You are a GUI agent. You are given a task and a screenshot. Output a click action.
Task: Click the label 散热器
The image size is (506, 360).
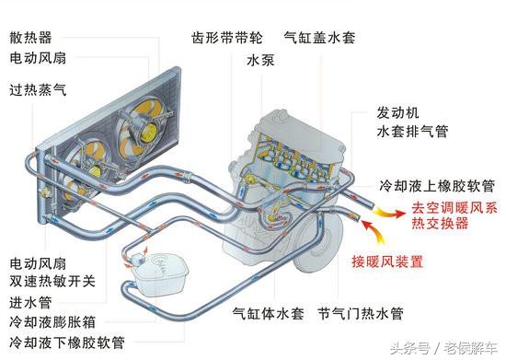[30, 38]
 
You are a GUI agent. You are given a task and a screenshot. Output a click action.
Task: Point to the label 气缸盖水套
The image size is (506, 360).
[320, 40]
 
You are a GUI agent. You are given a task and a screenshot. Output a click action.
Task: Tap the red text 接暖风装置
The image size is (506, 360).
[388, 261]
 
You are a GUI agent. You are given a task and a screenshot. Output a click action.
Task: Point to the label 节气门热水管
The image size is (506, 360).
[362, 313]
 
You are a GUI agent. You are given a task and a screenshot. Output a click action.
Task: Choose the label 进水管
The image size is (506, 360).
[30, 301]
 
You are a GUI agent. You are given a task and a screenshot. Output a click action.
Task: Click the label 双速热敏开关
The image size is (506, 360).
[50, 280]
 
